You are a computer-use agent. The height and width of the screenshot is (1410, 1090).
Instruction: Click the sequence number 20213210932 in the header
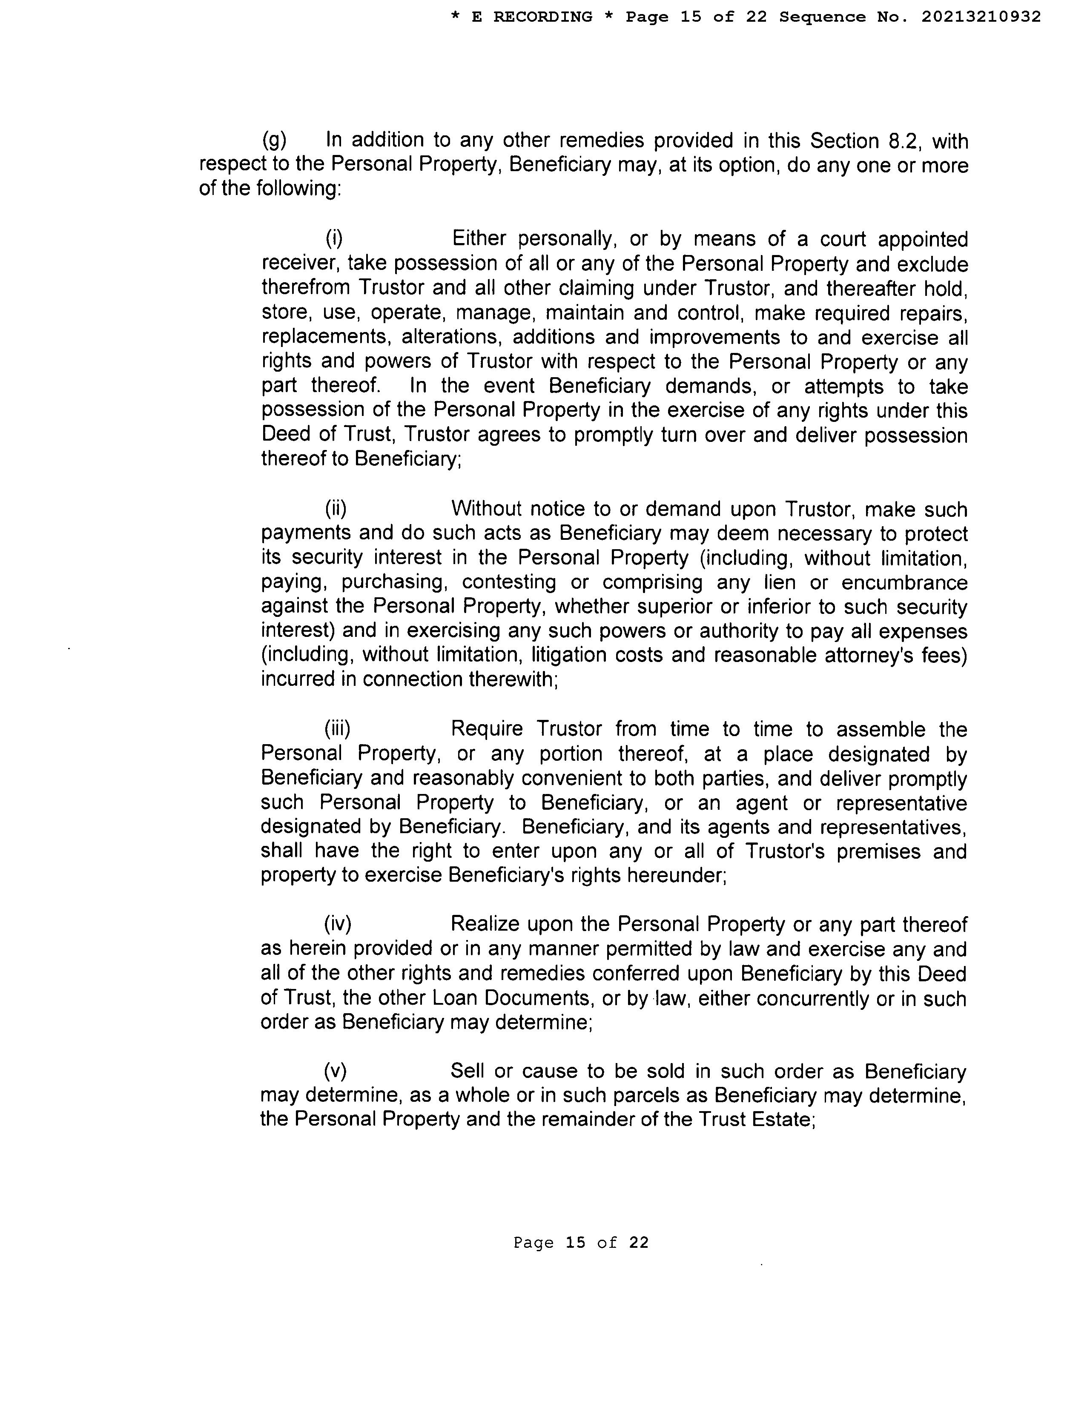coord(981,17)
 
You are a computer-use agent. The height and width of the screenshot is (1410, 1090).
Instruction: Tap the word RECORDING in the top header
coord(542,17)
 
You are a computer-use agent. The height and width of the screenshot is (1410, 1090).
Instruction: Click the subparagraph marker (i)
coord(334,239)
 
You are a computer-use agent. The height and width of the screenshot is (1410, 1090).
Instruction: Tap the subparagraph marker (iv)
coord(338,925)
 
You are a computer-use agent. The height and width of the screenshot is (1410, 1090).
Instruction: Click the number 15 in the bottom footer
coord(575,1243)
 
